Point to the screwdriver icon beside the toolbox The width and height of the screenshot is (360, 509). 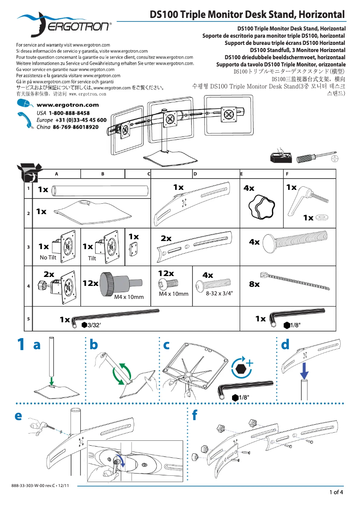tap(317, 158)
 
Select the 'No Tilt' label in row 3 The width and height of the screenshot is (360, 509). tap(48, 258)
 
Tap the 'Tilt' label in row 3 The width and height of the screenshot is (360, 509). tap(92, 259)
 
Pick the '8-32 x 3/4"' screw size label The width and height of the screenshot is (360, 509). tap(219, 293)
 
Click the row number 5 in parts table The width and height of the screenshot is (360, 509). tap(28, 319)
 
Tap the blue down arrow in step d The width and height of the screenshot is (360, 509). tap(304, 371)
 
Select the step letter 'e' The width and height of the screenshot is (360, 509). tap(18, 416)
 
